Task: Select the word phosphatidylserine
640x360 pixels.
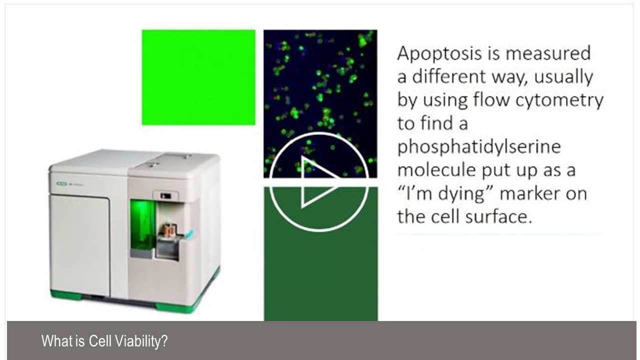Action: pyautogui.click(x=478, y=147)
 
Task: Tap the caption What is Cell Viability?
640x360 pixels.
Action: pyautogui.click(x=104, y=341)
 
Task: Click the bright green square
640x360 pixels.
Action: pyautogui.click(x=198, y=77)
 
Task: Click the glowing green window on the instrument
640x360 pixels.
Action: pyautogui.click(x=142, y=225)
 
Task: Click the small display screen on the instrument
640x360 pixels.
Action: pyautogui.click(x=166, y=196)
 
